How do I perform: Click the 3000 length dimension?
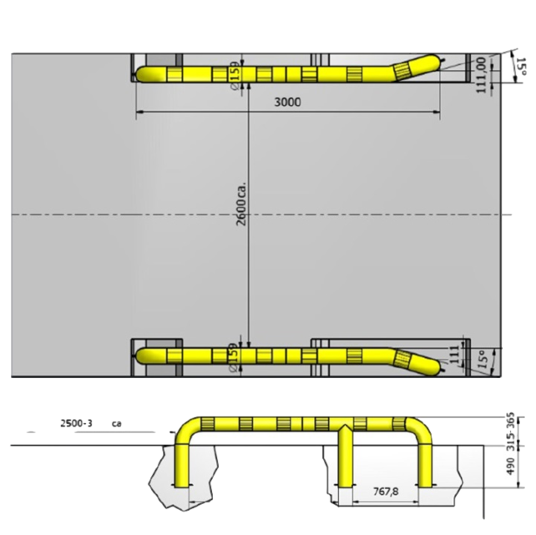click(x=286, y=103)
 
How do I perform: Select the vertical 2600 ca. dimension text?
click(x=242, y=204)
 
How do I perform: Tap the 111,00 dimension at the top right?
click(x=482, y=74)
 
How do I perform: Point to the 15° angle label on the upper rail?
click(x=520, y=68)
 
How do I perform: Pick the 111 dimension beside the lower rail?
click(x=454, y=356)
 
